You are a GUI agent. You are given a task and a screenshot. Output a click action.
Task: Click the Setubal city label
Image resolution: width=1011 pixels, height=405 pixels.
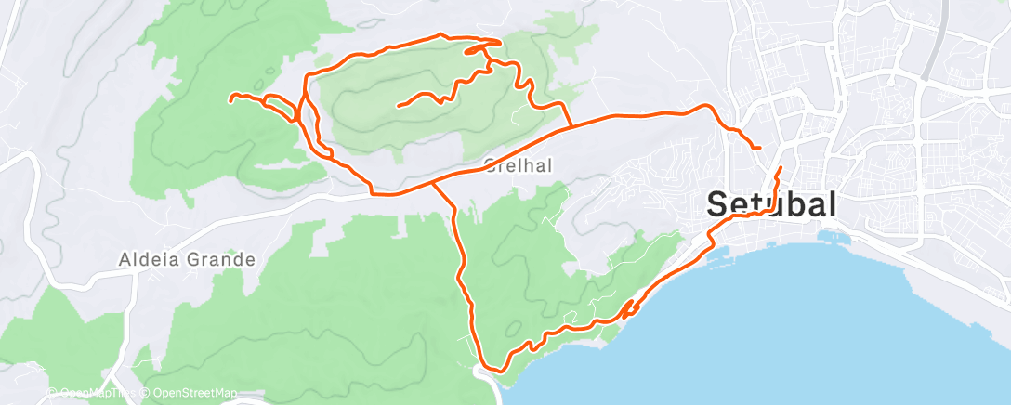tap(772, 204)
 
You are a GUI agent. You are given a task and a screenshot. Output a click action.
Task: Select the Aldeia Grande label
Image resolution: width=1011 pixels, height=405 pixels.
tap(187, 259)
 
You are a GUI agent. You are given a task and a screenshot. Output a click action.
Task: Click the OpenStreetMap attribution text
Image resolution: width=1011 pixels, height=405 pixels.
tap(195, 393)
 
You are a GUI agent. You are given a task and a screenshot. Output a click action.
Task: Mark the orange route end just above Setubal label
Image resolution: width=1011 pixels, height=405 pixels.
tap(780, 168)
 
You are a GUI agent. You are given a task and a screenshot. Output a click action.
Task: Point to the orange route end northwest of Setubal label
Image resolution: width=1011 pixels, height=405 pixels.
tap(760, 148)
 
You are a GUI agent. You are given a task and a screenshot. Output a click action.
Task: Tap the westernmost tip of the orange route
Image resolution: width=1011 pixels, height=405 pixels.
tap(230, 96)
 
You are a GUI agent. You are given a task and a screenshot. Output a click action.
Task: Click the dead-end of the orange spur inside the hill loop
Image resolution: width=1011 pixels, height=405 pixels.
tap(399, 106)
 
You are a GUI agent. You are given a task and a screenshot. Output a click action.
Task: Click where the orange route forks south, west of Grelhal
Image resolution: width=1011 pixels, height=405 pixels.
tap(433, 184)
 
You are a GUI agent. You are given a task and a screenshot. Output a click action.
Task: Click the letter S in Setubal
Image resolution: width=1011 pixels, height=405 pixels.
tap(718, 204)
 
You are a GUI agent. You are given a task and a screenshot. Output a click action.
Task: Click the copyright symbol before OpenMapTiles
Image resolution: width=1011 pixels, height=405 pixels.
tap(51, 393)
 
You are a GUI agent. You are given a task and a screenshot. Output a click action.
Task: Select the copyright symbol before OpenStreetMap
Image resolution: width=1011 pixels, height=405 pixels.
tap(147, 393)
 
